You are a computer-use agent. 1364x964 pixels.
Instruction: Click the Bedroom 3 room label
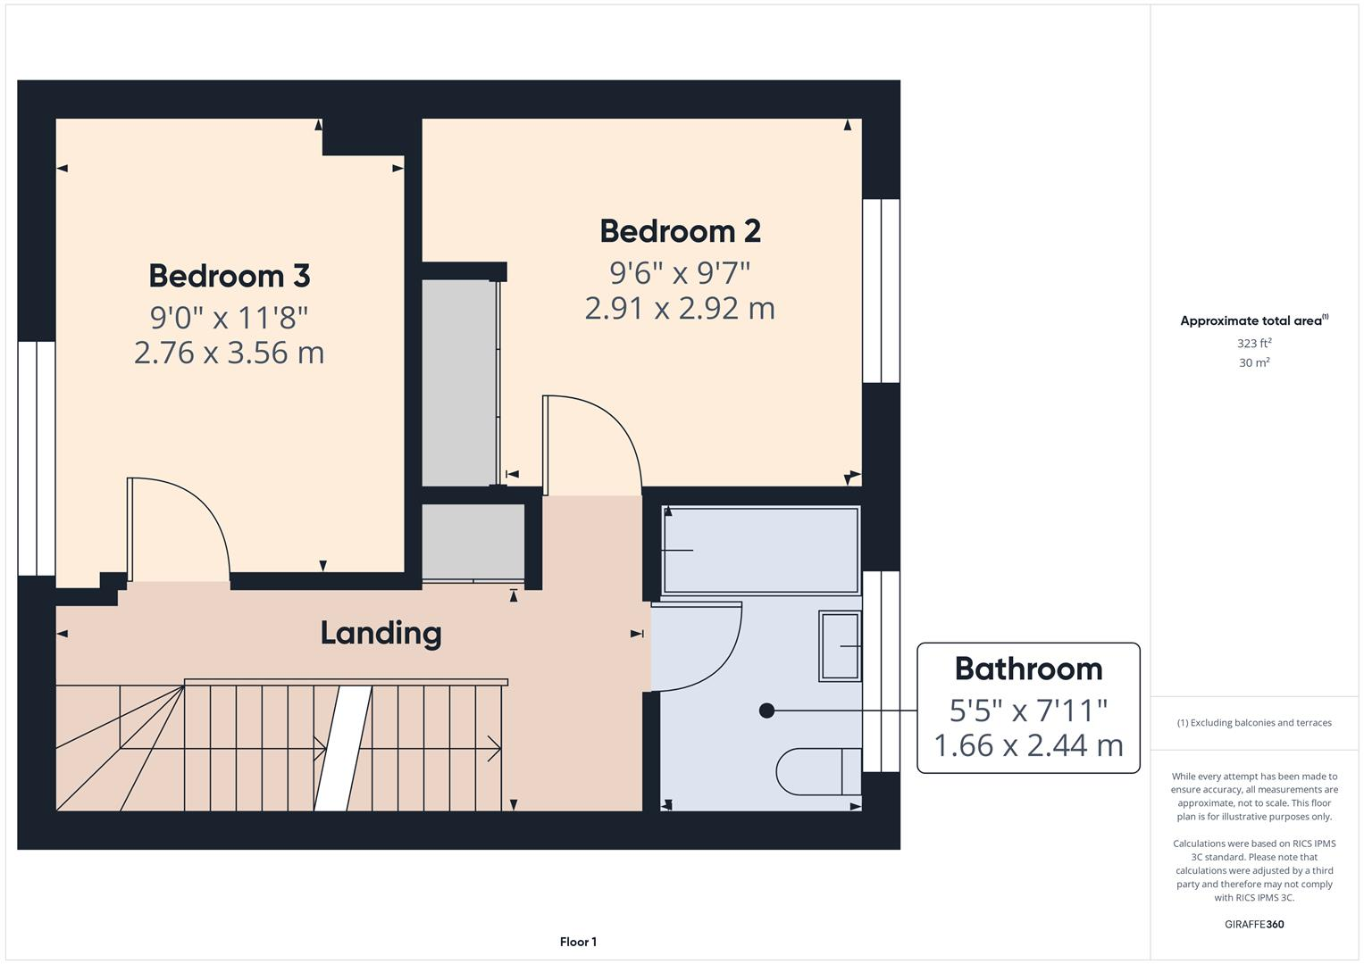229,276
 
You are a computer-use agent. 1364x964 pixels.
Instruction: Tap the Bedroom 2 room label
680,231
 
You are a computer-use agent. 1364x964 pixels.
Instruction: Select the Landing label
381,633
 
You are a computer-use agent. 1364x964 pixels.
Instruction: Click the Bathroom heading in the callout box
1028,669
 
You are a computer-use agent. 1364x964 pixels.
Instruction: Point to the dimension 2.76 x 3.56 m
229,353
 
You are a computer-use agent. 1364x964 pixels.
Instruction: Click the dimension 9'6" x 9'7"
680,271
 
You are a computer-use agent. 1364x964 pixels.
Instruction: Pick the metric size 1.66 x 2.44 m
1028,744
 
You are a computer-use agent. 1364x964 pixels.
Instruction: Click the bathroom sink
840,645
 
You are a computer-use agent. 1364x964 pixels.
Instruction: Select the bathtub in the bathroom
760,550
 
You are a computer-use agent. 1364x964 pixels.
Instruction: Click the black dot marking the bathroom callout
766,711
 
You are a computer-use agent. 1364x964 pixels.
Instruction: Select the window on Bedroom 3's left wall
37,458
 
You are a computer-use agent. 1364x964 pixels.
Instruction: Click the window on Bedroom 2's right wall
881,291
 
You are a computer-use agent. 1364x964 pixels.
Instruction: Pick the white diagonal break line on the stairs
343,748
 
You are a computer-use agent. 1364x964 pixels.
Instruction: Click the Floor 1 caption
578,942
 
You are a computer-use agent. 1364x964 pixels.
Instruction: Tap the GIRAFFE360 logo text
1254,924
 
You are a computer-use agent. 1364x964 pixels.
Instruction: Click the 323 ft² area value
1254,344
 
